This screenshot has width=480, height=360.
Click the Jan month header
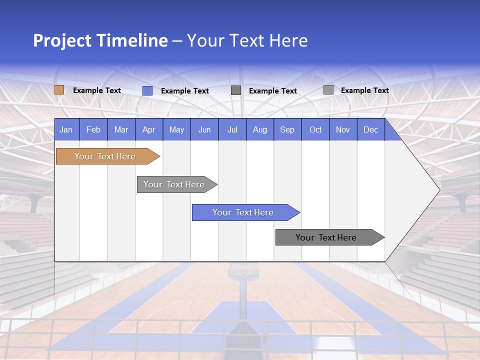(x=66, y=129)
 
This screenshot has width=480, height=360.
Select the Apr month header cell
(x=149, y=129)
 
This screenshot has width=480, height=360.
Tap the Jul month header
(x=232, y=129)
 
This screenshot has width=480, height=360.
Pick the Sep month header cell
(x=287, y=129)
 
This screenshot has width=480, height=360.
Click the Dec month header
(x=370, y=129)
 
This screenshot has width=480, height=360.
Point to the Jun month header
(x=204, y=129)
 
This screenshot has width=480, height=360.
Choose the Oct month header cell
(x=315, y=129)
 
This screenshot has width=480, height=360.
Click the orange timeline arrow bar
(x=105, y=156)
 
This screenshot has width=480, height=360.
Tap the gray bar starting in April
(x=174, y=184)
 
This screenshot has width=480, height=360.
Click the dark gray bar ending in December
(x=326, y=237)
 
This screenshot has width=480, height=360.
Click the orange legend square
(x=59, y=90)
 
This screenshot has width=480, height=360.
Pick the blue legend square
(x=147, y=90)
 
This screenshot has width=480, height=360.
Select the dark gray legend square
(x=236, y=90)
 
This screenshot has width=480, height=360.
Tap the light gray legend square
(x=328, y=90)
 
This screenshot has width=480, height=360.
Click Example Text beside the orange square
(x=97, y=90)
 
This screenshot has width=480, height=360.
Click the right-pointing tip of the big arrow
(x=438, y=189)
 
